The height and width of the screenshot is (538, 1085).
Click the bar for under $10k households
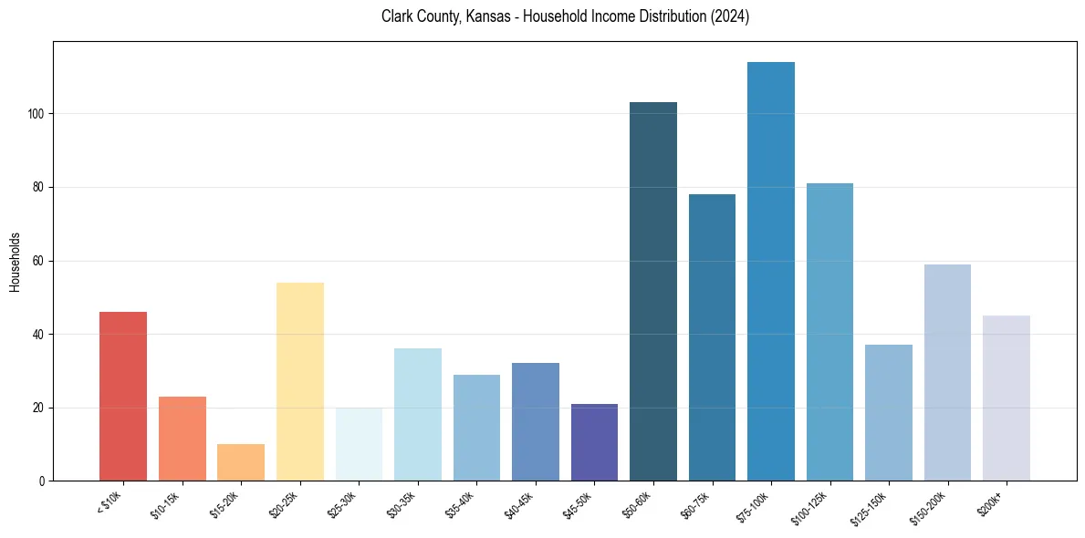point(122,397)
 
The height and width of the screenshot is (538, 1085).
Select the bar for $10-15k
point(182,439)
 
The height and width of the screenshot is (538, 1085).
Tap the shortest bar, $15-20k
point(241,462)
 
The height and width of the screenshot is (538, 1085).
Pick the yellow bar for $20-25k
point(299,382)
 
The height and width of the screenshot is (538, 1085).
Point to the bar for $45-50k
point(594,442)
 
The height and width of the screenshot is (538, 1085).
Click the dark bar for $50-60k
point(653,292)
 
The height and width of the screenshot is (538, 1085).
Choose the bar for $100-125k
point(829,332)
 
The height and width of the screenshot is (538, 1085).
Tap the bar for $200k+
point(1007,398)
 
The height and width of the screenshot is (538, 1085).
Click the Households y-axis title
point(15,262)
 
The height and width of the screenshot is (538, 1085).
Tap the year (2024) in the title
point(729,16)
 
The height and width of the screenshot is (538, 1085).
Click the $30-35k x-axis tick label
point(402,504)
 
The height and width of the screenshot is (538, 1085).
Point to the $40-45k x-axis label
point(519,504)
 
